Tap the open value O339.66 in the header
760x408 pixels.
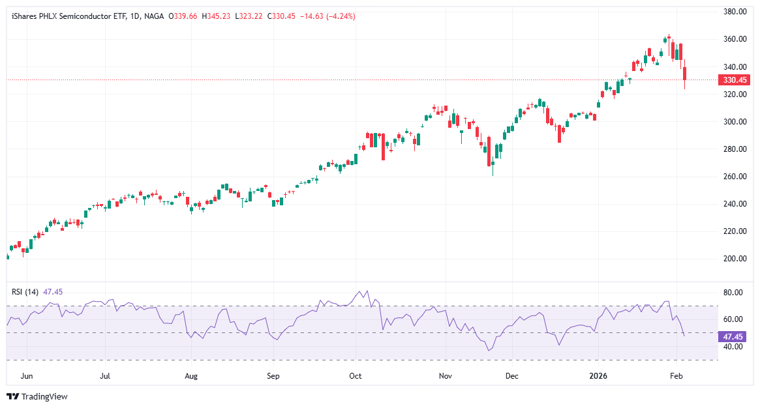coord(183,16)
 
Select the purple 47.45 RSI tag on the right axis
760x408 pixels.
coord(729,337)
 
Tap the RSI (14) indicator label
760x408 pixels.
coord(25,292)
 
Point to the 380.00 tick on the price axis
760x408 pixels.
coord(734,12)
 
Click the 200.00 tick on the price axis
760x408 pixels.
coord(734,259)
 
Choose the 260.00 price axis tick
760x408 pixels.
coord(734,177)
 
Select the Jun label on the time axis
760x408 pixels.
coord(27,376)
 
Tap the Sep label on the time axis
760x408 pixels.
coord(273,376)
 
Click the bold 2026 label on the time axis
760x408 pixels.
coord(599,376)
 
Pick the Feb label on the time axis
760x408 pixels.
coord(677,376)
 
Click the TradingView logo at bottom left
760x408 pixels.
coord(37,396)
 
